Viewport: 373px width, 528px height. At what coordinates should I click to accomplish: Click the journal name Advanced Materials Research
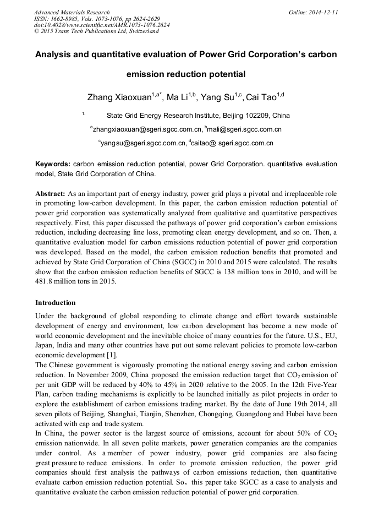coord(72,12)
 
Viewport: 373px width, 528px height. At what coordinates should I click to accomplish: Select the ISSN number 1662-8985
coord(64,19)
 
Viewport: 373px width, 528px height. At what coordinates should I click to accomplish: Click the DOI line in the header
coord(102,25)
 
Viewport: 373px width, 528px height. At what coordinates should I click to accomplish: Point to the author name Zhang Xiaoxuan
coord(119,97)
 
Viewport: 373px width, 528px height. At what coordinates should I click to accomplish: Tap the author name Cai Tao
coord(261,97)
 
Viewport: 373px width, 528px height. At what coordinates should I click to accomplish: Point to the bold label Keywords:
coord(53,164)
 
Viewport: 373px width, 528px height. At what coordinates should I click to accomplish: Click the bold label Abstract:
coord(51,194)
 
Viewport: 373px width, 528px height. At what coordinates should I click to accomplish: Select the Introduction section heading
coord(56,303)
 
